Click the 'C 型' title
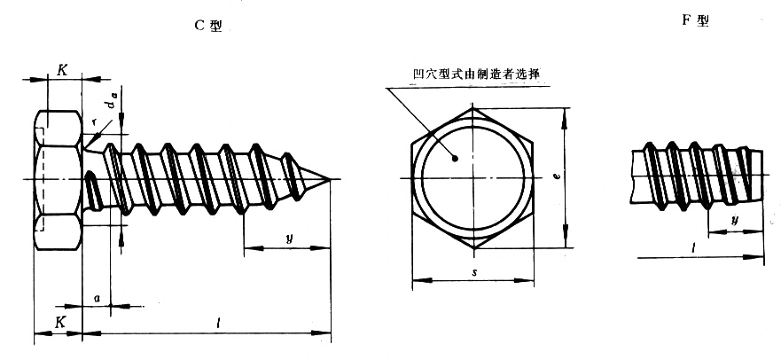208,26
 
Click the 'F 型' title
695,20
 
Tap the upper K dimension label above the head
62,70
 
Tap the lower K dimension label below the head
59,322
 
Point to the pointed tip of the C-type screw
330,179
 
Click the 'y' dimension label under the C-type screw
288,238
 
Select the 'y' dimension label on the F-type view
735,220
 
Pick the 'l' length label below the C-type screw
219,323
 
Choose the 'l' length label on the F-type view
695,247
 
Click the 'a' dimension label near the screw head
98,298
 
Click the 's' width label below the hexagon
474,272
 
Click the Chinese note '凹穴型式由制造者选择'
477,74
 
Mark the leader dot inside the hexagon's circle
455,159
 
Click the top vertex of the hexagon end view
473,107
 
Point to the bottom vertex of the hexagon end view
473,248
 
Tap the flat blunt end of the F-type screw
762,175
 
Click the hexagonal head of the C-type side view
58,179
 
